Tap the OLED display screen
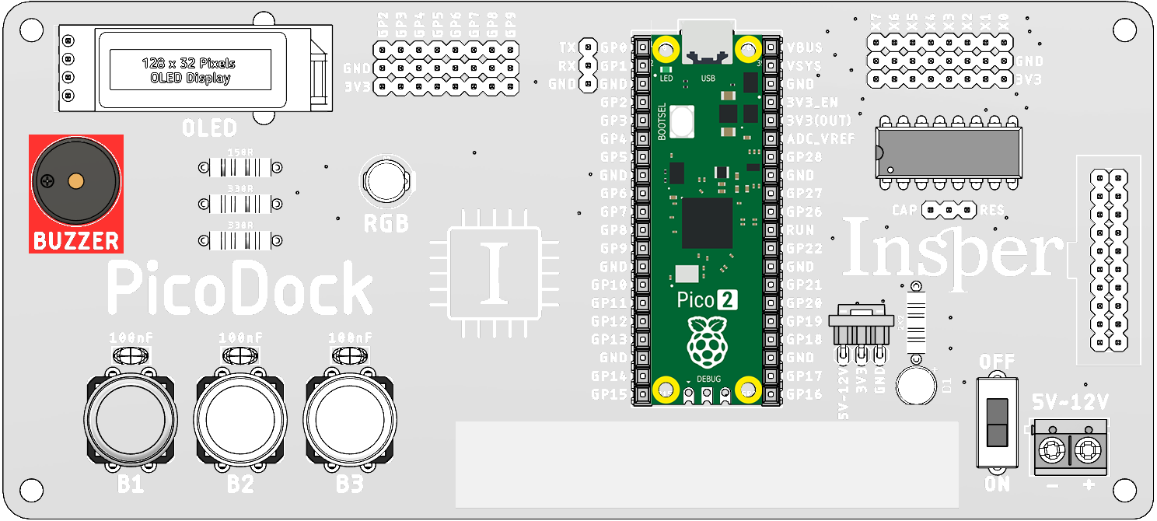pos(191,69)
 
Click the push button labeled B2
pos(240,421)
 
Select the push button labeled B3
pos(350,421)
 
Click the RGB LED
pos(386,181)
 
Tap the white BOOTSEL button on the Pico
pos(682,121)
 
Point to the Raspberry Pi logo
pos(706,341)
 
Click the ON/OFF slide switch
pos(996,422)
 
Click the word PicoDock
pos(239,288)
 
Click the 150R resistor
pos(239,167)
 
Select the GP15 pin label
pos(609,394)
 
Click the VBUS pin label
pos(805,47)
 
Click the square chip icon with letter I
pos(495,274)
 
